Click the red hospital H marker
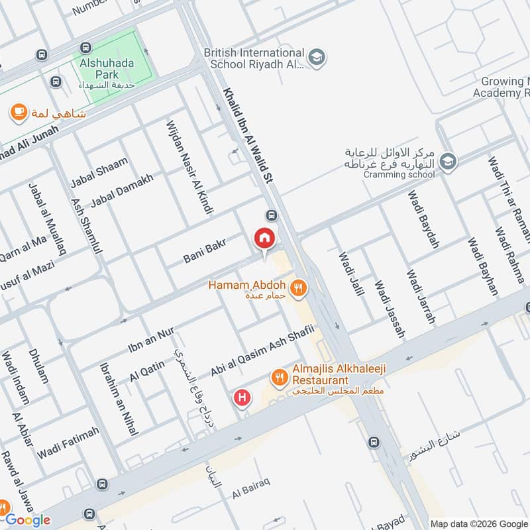[242, 397]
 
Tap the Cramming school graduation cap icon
[449, 161]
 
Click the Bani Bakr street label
[205, 250]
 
